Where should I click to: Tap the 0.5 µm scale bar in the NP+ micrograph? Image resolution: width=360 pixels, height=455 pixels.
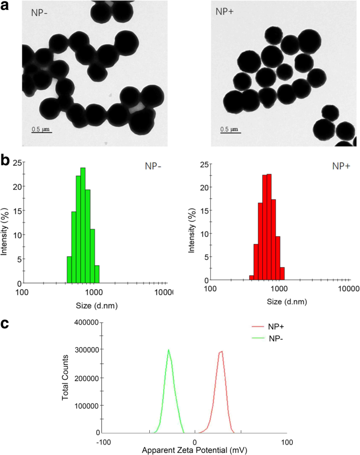(229, 130)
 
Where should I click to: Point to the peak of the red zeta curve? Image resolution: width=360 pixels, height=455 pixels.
(222, 352)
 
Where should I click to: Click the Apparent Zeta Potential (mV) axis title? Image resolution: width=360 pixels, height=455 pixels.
(196, 450)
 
